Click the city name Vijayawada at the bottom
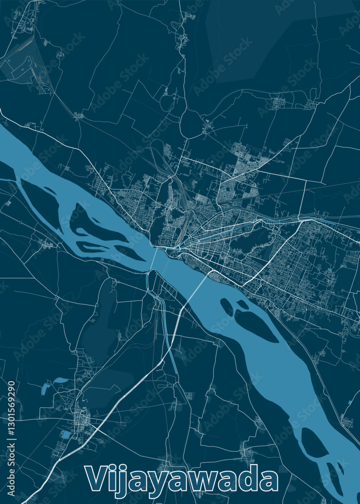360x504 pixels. coord(182,479)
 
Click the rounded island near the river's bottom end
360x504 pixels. coord(313,444)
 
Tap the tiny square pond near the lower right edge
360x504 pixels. coord(349,402)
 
